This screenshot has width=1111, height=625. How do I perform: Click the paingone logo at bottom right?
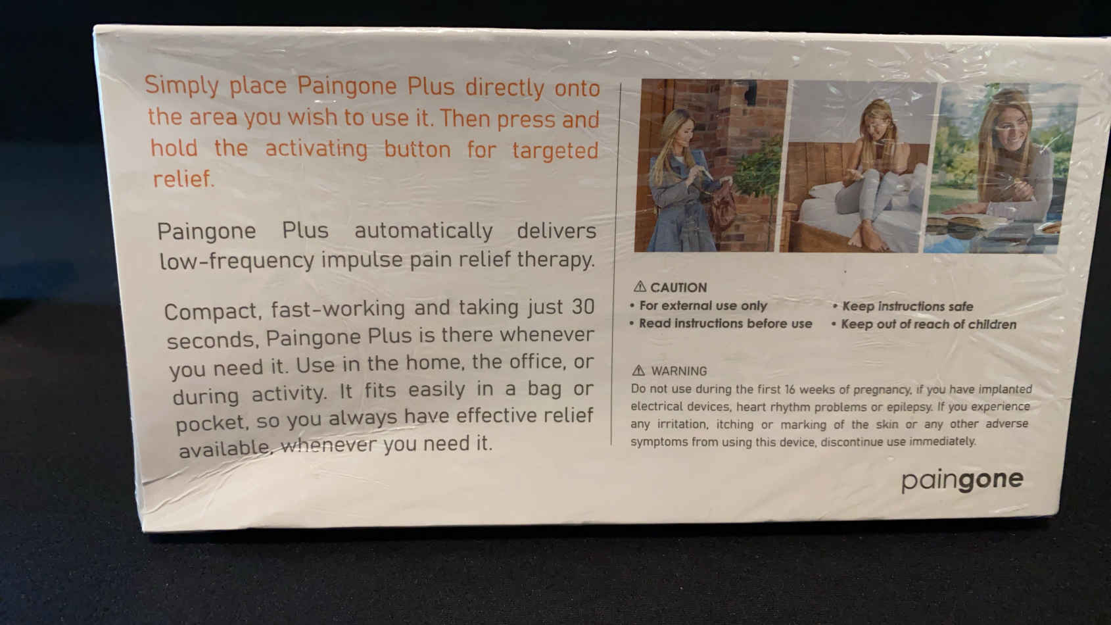pos(962,480)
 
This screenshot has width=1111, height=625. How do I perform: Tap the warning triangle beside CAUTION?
pos(640,287)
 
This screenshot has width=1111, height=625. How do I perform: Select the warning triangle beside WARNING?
pos(639,370)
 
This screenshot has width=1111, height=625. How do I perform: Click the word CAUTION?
pos(678,287)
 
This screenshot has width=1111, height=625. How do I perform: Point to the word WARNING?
pos(679,371)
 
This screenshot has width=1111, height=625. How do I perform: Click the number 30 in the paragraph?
pos(583,307)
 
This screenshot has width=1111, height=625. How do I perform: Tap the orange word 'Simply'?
pos(181,86)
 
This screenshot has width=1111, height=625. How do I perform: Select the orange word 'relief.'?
pos(183,179)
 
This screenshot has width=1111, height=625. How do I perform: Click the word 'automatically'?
pos(423,231)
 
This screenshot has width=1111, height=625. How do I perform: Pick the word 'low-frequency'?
pos(237,261)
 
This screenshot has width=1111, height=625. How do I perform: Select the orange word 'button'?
pos(417,149)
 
